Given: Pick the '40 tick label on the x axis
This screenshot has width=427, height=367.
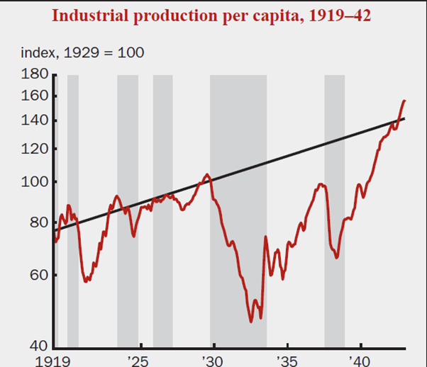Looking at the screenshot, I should pos(361,359).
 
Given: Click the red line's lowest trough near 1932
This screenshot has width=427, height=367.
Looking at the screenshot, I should pos(252,322).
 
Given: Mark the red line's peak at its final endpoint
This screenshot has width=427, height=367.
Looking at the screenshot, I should pos(404,101).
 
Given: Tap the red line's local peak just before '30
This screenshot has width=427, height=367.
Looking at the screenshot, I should pos(207,174).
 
